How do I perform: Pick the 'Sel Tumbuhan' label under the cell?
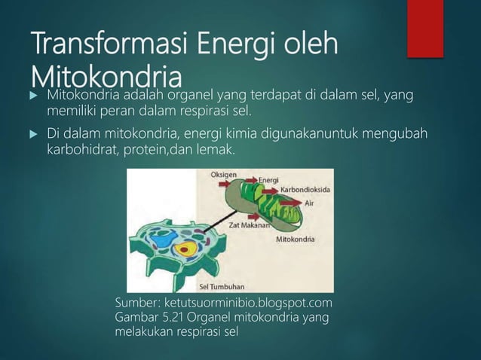[219, 286]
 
